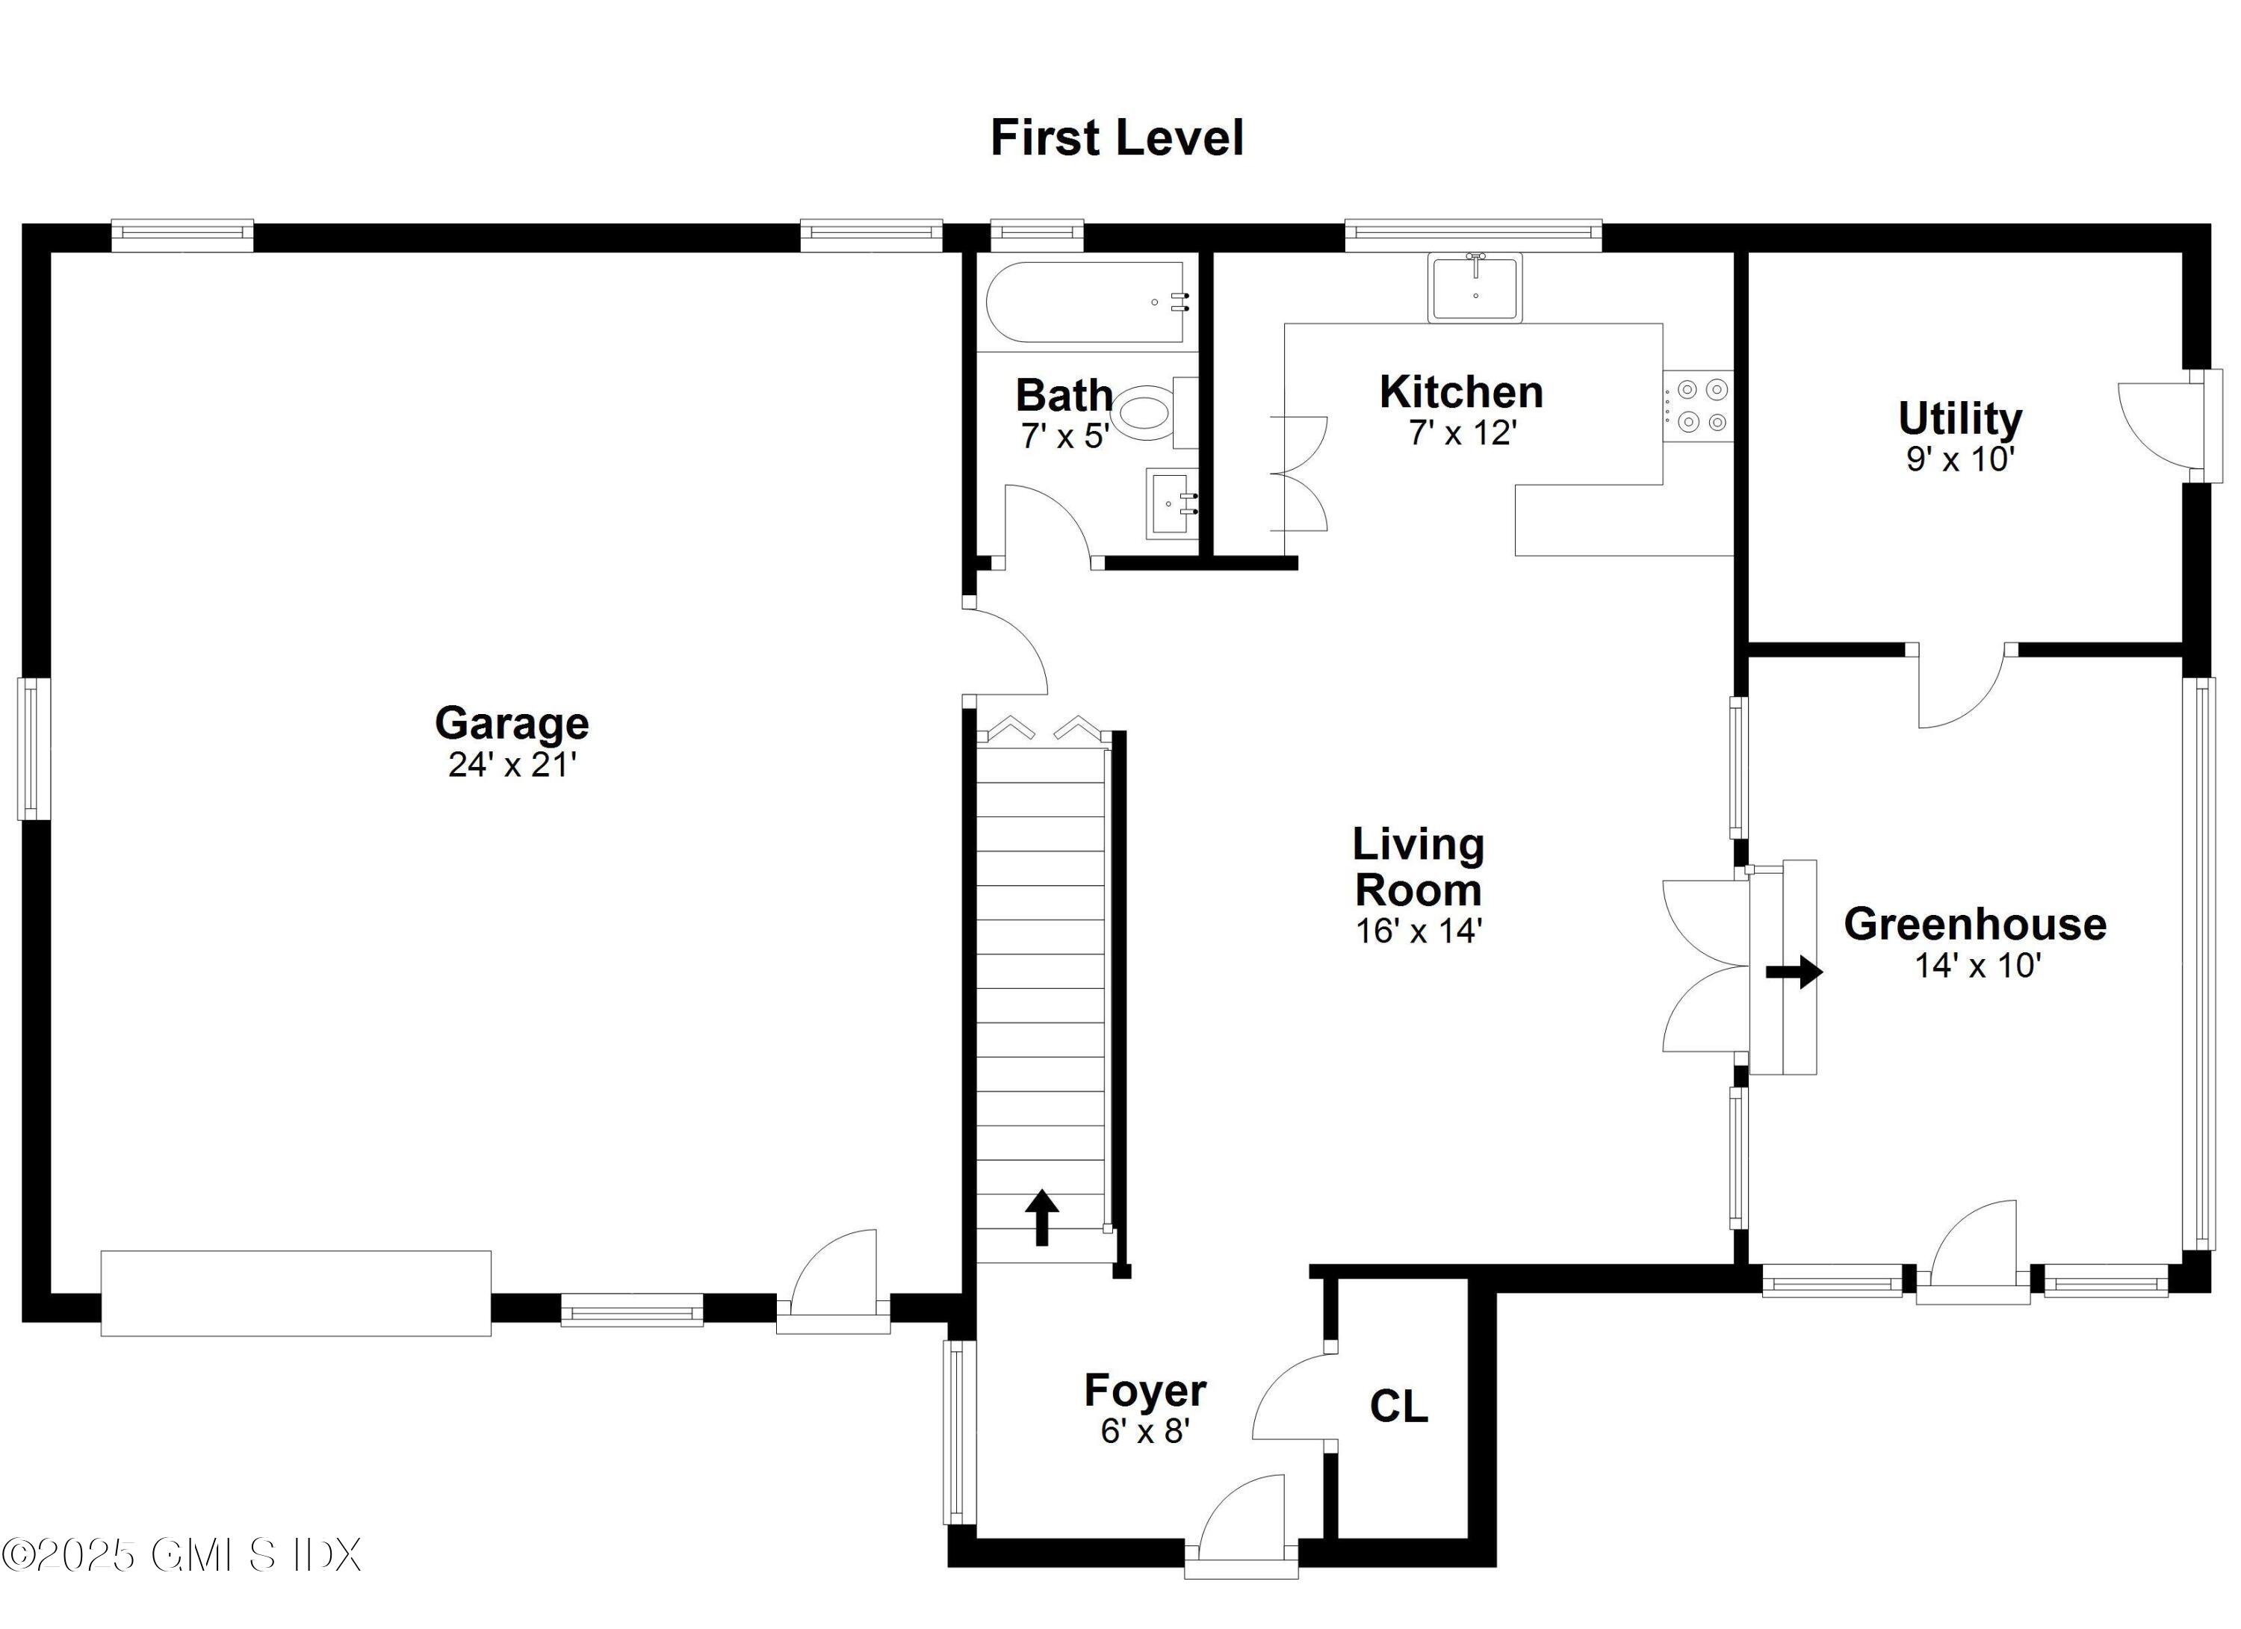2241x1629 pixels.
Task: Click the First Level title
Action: tap(1117, 138)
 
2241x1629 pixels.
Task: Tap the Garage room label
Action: tap(512, 723)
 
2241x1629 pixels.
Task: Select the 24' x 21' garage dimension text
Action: tap(512, 766)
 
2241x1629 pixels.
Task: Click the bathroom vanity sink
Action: tap(1172, 504)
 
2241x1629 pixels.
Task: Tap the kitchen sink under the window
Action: tap(1475, 288)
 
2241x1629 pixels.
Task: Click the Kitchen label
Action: tap(1460, 392)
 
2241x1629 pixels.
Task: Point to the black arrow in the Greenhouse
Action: tap(1794, 971)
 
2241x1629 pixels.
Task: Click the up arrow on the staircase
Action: tap(1041, 1217)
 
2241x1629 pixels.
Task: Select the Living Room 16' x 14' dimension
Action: tap(1418, 931)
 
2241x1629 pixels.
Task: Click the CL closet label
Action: tap(1398, 1406)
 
